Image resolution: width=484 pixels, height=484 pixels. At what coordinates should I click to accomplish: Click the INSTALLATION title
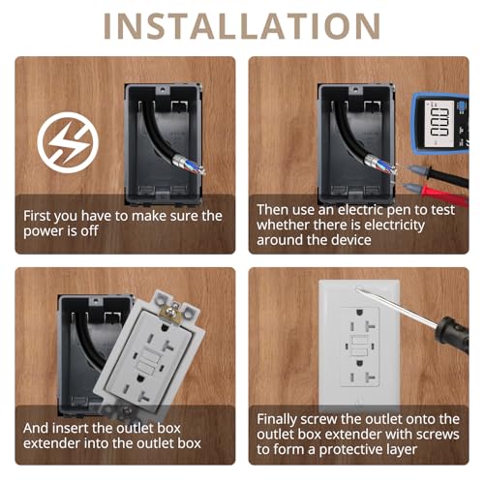point(242,26)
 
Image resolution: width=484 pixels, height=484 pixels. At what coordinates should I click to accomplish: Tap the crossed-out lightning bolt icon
point(68,142)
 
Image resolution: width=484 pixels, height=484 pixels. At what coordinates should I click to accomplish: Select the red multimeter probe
point(433,193)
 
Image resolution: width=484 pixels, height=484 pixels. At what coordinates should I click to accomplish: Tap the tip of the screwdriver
point(357,288)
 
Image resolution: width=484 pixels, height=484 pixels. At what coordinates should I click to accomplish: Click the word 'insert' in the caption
point(70,429)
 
